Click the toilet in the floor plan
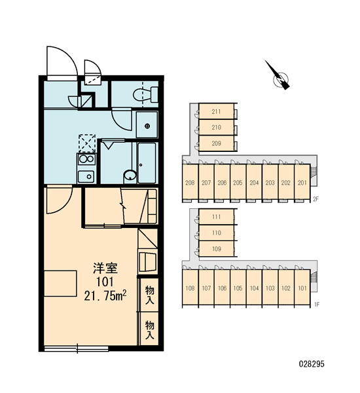click(x=145, y=95)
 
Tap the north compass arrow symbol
click(x=278, y=75)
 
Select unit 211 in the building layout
click(x=216, y=111)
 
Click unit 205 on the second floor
click(x=238, y=183)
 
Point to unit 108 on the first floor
click(x=190, y=288)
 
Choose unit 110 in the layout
click(x=217, y=233)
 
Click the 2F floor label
click(x=315, y=199)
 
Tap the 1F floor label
click(x=317, y=305)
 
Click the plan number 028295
click(x=312, y=364)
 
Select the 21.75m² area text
click(x=105, y=296)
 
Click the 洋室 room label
click(x=105, y=268)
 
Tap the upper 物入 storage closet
click(x=149, y=295)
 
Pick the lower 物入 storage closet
click(x=149, y=329)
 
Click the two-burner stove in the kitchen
click(x=86, y=159)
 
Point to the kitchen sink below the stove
click(x=86, y=176)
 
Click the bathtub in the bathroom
click(x=147, y=162)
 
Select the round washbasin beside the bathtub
click(x=130, y=175)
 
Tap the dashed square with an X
click(x=87, y=143)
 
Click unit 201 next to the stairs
click(x=302, y=183)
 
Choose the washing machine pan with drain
click(x=147, y=125)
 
